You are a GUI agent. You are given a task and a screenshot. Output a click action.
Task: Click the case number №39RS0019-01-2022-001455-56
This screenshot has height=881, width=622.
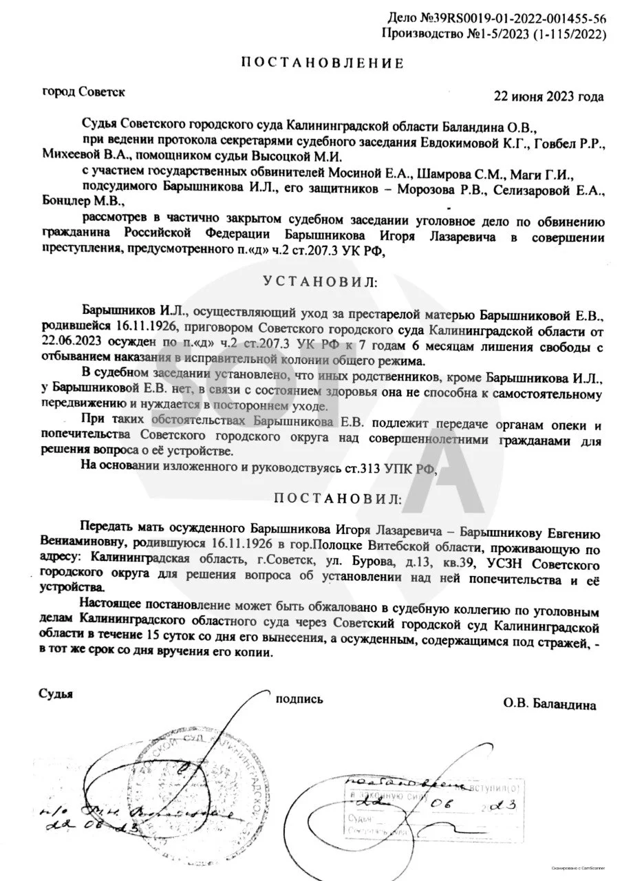531,19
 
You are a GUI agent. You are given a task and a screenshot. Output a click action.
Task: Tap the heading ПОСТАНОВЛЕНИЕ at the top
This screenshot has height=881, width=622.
321,63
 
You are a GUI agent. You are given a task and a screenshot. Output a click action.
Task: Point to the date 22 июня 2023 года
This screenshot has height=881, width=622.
549,96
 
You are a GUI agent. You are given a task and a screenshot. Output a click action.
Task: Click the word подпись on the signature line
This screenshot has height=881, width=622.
299,699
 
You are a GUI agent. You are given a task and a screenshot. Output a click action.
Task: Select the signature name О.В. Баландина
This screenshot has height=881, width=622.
550,705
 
